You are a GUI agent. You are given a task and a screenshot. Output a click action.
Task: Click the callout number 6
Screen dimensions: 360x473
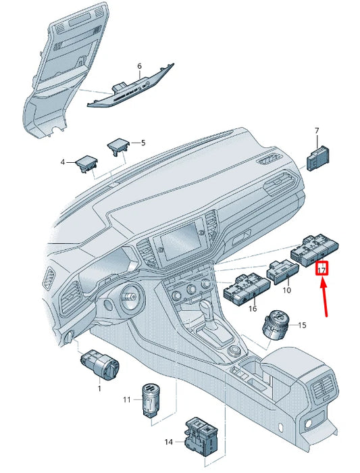pyautogui.click(x=139, y=66)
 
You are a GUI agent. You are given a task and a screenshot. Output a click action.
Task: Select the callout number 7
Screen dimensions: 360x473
pyautogui.click(x=317, y=131)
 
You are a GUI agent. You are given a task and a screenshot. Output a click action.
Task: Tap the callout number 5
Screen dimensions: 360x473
pyautogui.click(x=143, y=143)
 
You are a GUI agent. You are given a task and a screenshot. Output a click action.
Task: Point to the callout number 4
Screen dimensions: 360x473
pyautogui.click(x=63, y=162)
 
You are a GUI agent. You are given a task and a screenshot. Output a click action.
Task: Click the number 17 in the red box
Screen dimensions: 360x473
pyautogui.click(x=322, y=270)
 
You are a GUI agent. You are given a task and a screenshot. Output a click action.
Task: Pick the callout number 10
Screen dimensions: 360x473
pyautogui.click(x=287, y=290)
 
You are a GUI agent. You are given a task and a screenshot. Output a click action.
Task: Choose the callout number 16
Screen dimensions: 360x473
pyautogui.click(x=253, y=309)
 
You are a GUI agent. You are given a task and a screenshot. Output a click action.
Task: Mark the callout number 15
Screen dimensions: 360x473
pyautogui.click(x=302, y=325)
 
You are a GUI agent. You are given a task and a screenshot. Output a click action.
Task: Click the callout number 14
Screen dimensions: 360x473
pyautogui.click(x=169, y=442)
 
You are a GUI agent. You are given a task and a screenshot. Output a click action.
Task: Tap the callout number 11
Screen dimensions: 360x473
pyautogui.click(x=127, y=400)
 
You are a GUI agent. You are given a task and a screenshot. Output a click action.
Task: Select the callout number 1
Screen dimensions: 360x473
pyautogui.click(x=99, y=389)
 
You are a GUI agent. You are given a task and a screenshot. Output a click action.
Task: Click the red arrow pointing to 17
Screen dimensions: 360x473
pyautogui.click(x=324, y=298)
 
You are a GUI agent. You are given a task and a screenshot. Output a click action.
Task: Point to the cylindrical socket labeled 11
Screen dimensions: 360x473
pyautogui.click(x=151, y=400)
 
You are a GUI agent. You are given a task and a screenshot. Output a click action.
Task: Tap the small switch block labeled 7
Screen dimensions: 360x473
pyautogui.click(x=318, y=157)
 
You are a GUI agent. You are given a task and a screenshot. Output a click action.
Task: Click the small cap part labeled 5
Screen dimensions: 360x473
pyautogui.click(x=118, y=147)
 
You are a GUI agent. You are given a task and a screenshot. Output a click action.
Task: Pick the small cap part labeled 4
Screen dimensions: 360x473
pyautogui.click(x=87, y=164)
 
